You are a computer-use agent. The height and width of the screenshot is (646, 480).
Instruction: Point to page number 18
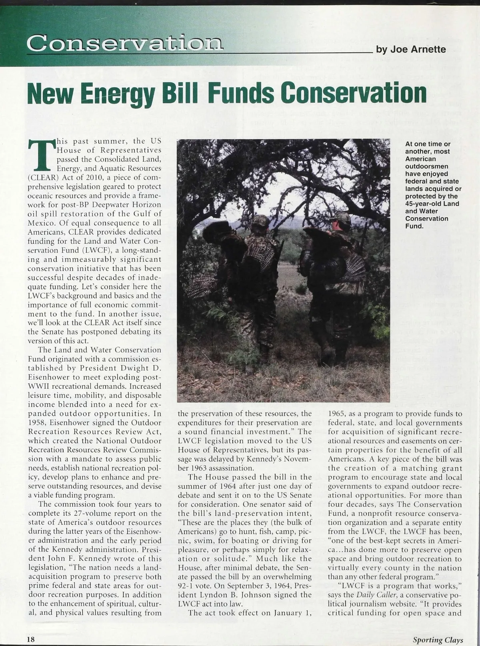point(31,639)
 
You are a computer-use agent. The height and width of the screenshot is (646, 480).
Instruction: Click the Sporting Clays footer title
point(434,639)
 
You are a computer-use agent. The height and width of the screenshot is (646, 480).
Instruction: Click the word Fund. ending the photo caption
point(414,226)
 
